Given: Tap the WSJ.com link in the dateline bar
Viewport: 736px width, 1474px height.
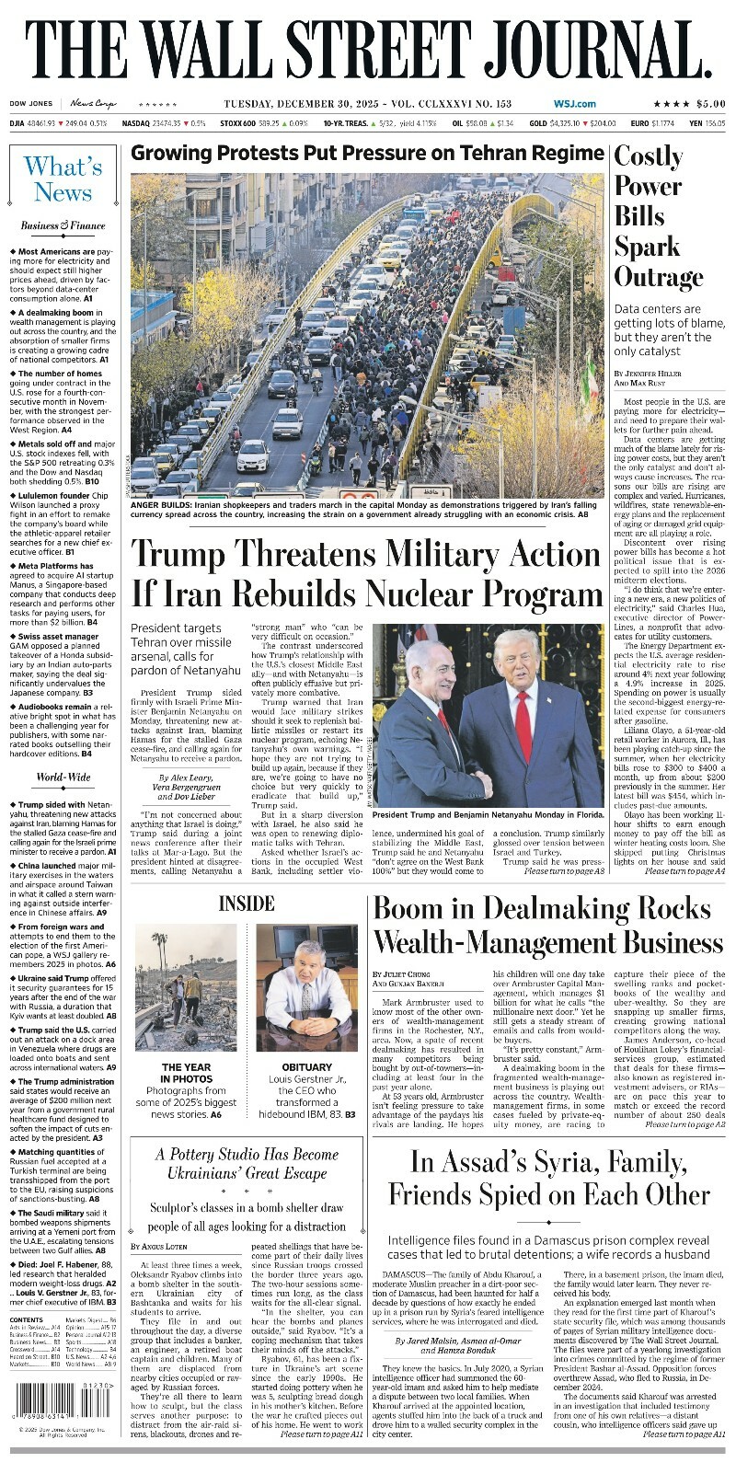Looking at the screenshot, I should tap(574, 104).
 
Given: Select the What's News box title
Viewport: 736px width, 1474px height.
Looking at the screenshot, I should tap(63, 179).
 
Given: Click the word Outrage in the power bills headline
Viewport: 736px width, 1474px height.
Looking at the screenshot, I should tap(658, 277).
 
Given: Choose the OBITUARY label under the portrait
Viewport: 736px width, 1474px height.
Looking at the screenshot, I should tap(306, 1067).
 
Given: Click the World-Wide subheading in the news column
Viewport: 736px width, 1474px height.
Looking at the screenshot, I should tap(63, 777).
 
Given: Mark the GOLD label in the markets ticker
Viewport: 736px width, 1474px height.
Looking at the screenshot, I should tap(537, 122).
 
